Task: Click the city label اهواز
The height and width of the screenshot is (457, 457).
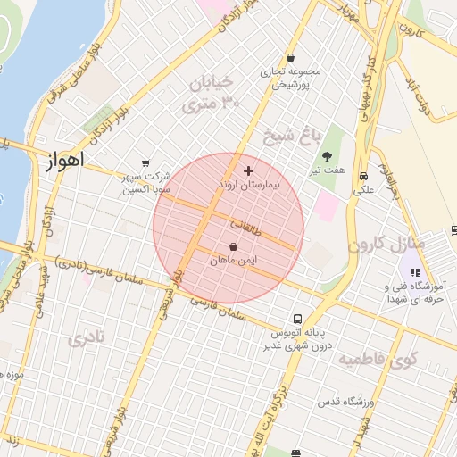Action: pyautogui.click(x=62, y=161)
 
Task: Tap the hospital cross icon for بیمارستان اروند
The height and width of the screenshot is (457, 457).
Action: pyautogui.click(x=248, y=170)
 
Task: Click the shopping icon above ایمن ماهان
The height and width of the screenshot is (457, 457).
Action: pyautogui.click(x=233, y=246)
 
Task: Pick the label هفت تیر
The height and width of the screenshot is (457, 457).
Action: pyautogui.click(x=335, y=170)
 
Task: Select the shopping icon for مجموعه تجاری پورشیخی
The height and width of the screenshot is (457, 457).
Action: pyautogui.click(x=290, y=58)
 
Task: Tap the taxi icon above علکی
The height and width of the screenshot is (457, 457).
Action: pyautogui.click(x=363, y=176)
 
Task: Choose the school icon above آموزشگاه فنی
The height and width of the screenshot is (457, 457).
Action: pyautogui.click(x=413, y=272)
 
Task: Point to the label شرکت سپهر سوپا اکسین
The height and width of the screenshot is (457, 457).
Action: pyautogui.click(x=146, y=184)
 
